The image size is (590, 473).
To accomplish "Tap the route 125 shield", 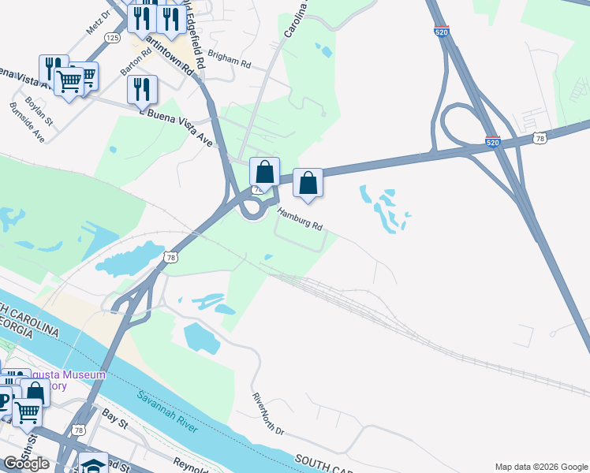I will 113,38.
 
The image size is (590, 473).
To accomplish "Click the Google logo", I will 26,464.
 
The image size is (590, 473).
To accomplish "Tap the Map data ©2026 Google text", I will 541,467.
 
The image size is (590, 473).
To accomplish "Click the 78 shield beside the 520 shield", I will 540,138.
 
